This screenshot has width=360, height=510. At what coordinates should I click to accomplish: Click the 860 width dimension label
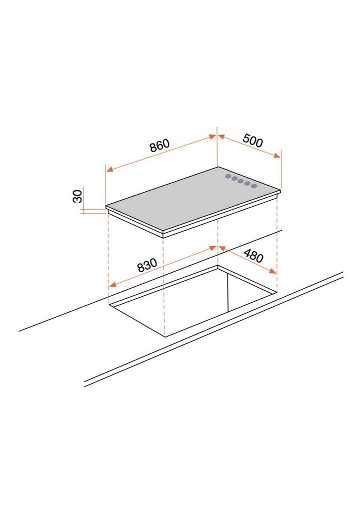pos(159,146)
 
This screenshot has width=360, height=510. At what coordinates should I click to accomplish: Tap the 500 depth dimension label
pos(252,141)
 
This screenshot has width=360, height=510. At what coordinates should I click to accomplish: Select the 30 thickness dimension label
pos(78,197)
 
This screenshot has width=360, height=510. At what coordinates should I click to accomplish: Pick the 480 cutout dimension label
pos(253,256)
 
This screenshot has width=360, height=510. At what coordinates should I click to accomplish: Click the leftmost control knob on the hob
pos(228,177)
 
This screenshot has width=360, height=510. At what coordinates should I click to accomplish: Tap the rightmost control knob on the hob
pos(254,186)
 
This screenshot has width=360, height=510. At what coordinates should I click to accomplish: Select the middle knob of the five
pos(241,181)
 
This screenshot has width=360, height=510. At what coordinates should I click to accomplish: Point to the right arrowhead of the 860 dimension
pos(212,137)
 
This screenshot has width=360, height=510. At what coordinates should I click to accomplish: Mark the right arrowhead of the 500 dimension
pos(277,156)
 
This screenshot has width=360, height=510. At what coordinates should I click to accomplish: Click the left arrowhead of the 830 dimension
pos(112,285)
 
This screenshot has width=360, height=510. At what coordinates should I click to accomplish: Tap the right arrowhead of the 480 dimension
pos(272,271)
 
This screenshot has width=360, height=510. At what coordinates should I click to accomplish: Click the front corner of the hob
pos(162,232)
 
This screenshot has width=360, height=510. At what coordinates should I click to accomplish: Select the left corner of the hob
pos(106,206)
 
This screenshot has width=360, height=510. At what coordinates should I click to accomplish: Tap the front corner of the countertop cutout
pos(164,336)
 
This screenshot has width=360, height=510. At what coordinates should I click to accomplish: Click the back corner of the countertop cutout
pos(217,265)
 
